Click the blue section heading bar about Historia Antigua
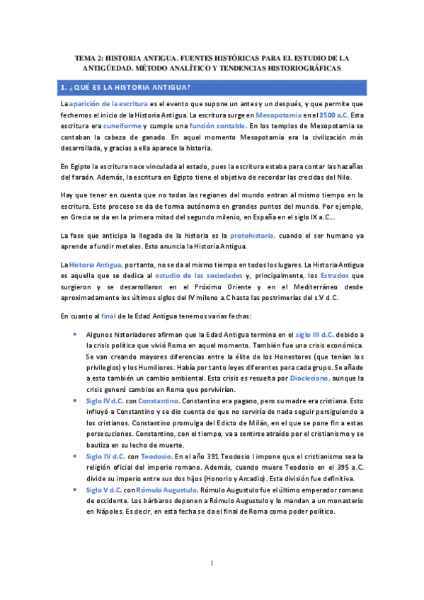[x=212, y=87]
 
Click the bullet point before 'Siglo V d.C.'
[x=76, y=489]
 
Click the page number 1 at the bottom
[x=212, y=563]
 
